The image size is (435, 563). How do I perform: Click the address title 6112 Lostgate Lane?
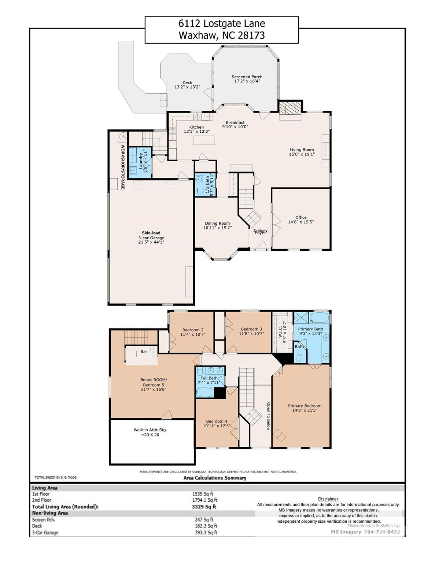coord(221,24)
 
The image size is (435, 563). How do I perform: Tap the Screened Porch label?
coord(247,77)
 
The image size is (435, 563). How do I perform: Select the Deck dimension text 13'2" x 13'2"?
coord(187,87)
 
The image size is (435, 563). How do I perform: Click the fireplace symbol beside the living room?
coord(290,108)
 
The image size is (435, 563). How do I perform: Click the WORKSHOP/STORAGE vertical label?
coord(123,167)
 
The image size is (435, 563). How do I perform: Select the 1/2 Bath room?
coord(205,185)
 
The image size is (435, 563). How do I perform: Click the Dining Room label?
coord(217,223)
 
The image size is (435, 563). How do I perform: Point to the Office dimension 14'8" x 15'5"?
coord(301,222)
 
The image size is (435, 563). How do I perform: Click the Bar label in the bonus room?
coord(144,352)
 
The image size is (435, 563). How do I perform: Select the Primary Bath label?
coord(310,329)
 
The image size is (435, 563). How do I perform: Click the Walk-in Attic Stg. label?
coord(150,430)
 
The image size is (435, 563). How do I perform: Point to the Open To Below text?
coord(268,416)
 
